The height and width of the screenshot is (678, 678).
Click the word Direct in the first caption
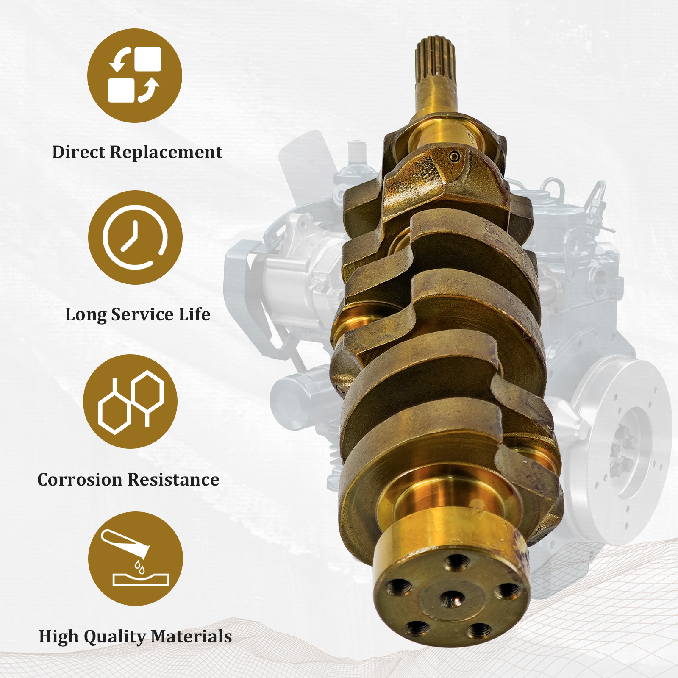click(x=79, y=152)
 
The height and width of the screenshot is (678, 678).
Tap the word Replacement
click(x=166, y=152)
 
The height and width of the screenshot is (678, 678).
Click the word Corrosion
click(x=80, y=480)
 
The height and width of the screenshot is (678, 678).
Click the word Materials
click(x=191, y=636)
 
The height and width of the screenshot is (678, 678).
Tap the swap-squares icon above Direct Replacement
click(x=135, y=75)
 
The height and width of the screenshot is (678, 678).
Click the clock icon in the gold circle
click(x=135, y=237)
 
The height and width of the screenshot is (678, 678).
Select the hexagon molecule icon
click(x=131, y=402)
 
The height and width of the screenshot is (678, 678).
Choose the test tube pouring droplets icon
click(x=135, y=559)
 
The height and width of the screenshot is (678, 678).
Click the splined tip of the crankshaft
click(x=435, y=59)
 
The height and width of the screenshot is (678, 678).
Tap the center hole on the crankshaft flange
click(x=452, y=598)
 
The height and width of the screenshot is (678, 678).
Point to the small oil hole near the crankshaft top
click(x=455, y=156)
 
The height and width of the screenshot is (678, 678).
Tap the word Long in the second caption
click(x=85, y=314)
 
